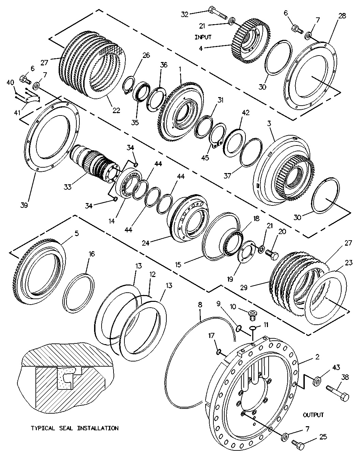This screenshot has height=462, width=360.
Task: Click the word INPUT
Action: click(x=203, y=37)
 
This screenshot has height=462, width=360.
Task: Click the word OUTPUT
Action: click(x=313, y=415)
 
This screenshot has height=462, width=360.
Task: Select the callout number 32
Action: click(x=184, y=14)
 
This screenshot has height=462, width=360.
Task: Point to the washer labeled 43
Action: click(x=316, y=380)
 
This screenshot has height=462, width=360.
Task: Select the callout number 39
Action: click(x=24, y=205)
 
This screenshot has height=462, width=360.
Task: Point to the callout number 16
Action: click(x=92, y=254)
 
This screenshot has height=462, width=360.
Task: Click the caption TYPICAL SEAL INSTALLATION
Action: click(x=75, y=428)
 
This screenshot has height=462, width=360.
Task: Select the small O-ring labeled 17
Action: click(x=219, y=351)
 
